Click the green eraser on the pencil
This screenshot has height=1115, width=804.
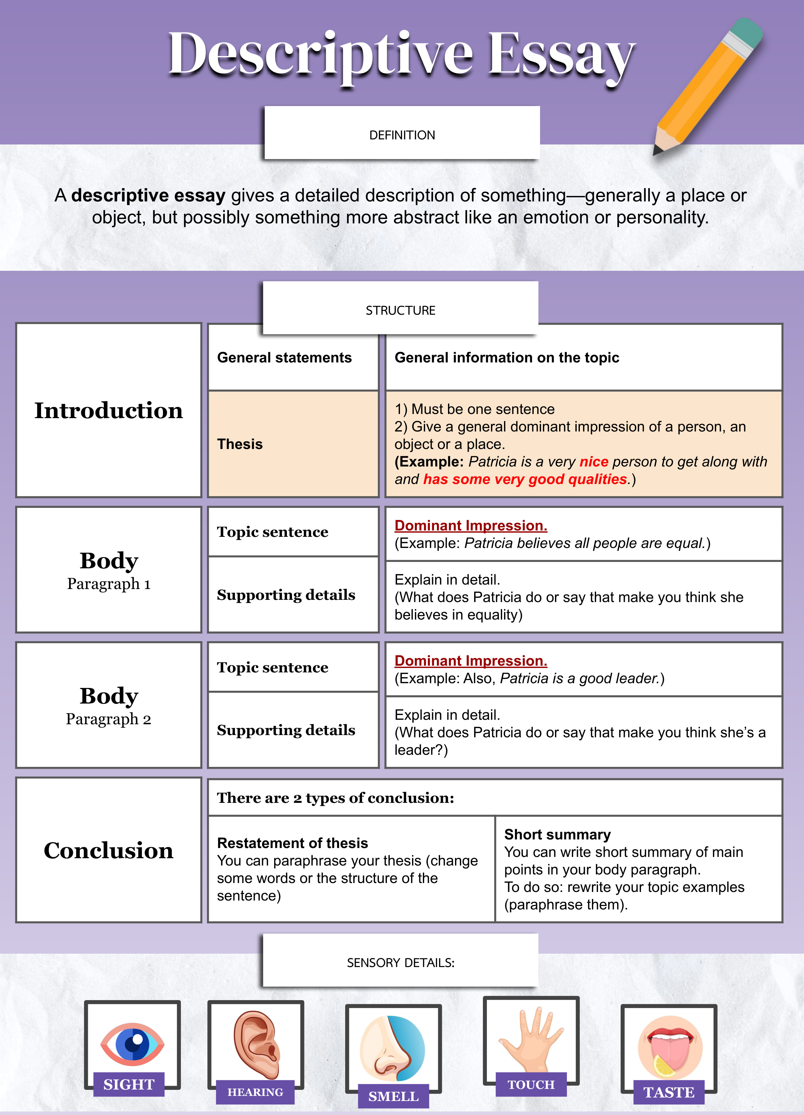[x=745, y=32]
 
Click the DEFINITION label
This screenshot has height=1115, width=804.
[x=402, y=135]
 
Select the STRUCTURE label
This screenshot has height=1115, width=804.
[x=401, y=310]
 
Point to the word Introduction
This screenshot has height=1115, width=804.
[x=109, y=410]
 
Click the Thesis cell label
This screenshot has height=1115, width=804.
[x=240, y=444]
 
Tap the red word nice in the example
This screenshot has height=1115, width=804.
[x=594, y=462]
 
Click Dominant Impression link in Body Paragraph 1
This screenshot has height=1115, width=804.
[x=471, y=526]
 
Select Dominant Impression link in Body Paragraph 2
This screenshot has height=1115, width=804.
[x=471, y=661]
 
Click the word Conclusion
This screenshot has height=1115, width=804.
[x=109, y=851]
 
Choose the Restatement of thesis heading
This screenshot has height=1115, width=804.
[x=293, y=843]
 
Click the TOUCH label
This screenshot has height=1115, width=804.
[x=531, y=1084]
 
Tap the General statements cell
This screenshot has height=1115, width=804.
[x=284, y=357]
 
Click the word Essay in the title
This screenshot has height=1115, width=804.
[x=561, y=54]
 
